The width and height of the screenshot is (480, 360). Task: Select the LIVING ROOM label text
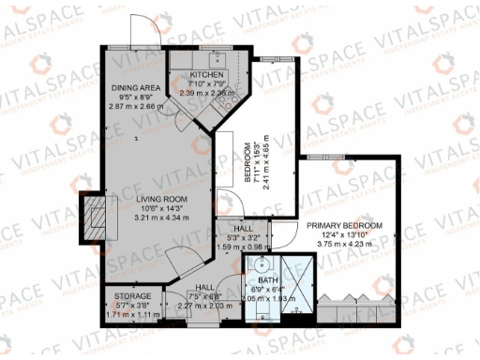coord(160,200)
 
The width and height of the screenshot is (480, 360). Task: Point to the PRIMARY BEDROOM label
coord(344,227)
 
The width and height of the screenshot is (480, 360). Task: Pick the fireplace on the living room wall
coord(95,217)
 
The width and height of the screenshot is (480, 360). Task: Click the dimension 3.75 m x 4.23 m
coord(344,244)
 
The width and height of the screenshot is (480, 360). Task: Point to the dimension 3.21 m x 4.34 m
coord(160,217)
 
